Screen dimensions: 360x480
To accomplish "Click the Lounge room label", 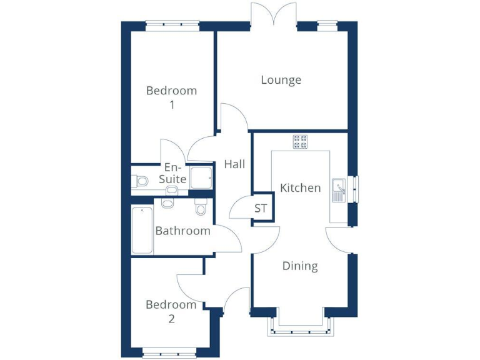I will tap(281, 80).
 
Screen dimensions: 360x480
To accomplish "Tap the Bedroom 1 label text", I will tap(171, 97).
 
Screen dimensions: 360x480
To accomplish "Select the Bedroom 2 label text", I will tap(171, 312).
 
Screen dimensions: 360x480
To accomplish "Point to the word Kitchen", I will tap(300, 187).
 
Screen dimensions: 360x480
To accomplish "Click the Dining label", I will tap(300, 266).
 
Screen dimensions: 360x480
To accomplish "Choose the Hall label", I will tap(234, 164).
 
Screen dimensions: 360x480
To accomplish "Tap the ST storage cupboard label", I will tap(261, 209).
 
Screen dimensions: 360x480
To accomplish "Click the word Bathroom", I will tap(182, 231).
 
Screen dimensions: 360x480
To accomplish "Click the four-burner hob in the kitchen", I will tap(300, 142).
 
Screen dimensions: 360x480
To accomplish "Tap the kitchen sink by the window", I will tap(339, 189).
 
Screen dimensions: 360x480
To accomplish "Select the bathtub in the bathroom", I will tap(142, 231).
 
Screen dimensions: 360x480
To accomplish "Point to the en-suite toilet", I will tap(140, 181).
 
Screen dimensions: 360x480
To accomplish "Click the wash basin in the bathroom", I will tap(167, 203).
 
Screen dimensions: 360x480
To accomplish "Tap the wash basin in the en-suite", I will tap(171, 190).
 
